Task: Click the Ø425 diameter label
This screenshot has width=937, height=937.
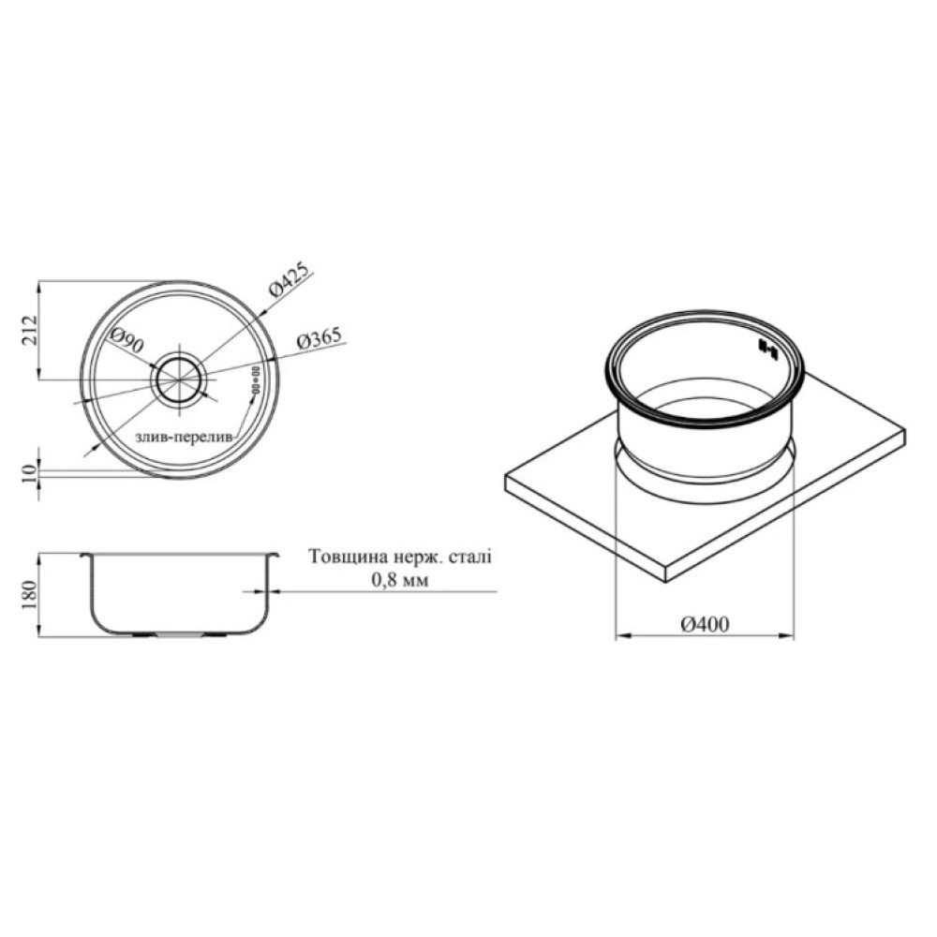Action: pyautogui.click(x=290, y=279)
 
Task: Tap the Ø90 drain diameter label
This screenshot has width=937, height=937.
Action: pyautogui.click(x=126, y=340)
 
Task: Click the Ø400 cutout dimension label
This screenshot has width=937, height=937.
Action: pyautogui.click(x=706, y=624)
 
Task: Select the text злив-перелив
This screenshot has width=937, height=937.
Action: pyautogui.click(x=183, y=437)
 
